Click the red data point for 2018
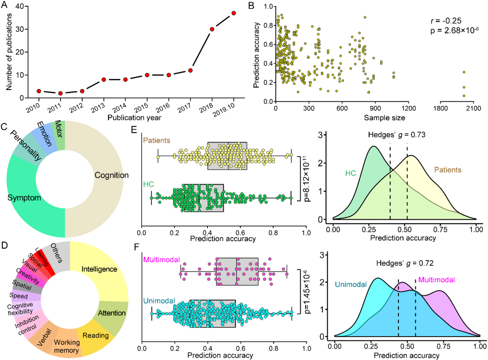coord(212,29)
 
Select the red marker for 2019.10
coord(234,13)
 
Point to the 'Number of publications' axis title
coord(9,51)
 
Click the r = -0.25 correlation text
coord(443,21)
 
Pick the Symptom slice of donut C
coord(26,198)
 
